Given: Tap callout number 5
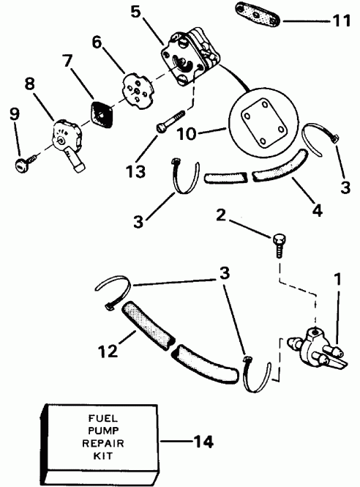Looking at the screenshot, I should coord(155,12).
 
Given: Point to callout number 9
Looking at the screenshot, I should coord(11,114).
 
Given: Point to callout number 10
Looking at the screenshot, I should coord(187,134).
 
